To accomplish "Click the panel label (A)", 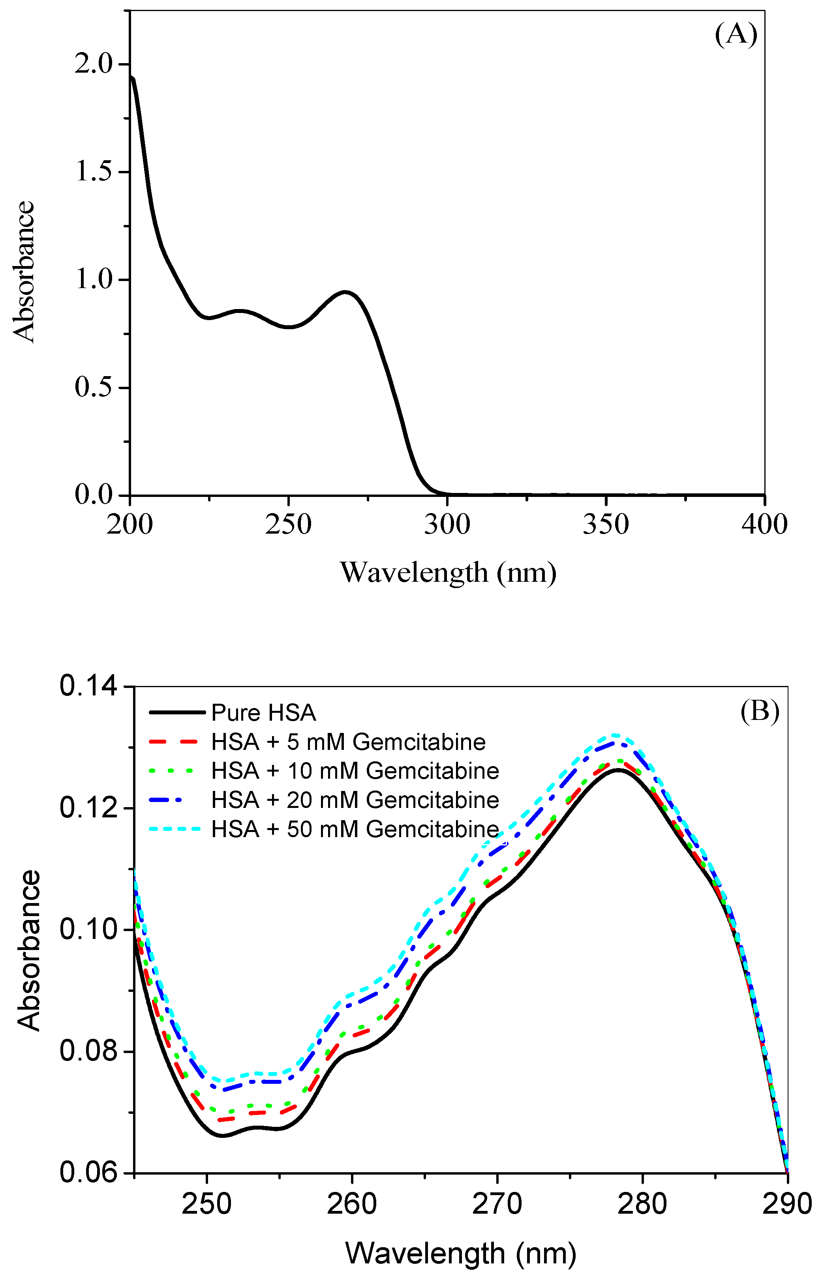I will pyautogui.click(x=736, y=35).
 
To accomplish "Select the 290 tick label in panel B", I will pyautogui.click(x=787, y=1204).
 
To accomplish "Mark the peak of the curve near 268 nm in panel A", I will pyautogui.click(x=346, y=292).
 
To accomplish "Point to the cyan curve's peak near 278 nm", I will pyautogui.click(x=615, y=735).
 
